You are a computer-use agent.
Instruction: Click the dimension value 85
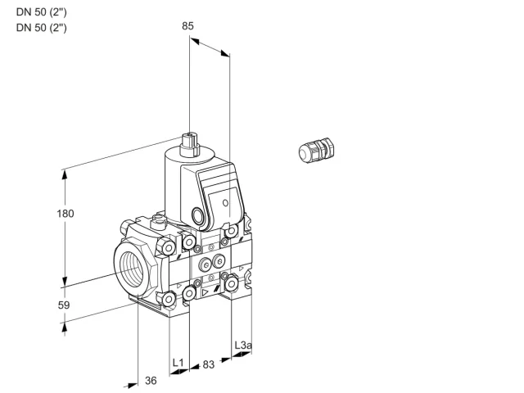pos(187,25)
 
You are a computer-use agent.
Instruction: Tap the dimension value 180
pos(65,214)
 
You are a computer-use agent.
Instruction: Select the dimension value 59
pos(64,305)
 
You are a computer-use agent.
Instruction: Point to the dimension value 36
pos(151,380)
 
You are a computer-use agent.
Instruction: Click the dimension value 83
pos(208,364)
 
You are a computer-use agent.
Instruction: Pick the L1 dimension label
pos(178,363)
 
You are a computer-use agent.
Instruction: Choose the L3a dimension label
pos(242,345)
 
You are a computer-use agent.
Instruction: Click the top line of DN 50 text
pos(42,12)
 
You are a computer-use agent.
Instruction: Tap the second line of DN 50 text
pos(42,27)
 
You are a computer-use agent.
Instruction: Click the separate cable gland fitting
pos(316,151)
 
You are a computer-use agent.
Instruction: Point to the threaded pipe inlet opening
pos(133,268)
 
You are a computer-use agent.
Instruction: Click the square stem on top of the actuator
pos(190,145)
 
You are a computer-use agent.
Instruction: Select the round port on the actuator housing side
pos(196,215)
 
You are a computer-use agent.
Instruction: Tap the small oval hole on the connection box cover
pos(226,202)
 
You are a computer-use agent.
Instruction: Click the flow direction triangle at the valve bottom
pos(206,293)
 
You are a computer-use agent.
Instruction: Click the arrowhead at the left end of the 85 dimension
pos(194,41)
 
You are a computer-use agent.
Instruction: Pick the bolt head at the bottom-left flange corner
pos(169,300)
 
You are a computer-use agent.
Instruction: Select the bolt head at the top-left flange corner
pos(168,247)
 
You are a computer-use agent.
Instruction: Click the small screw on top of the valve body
pos(158,219)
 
